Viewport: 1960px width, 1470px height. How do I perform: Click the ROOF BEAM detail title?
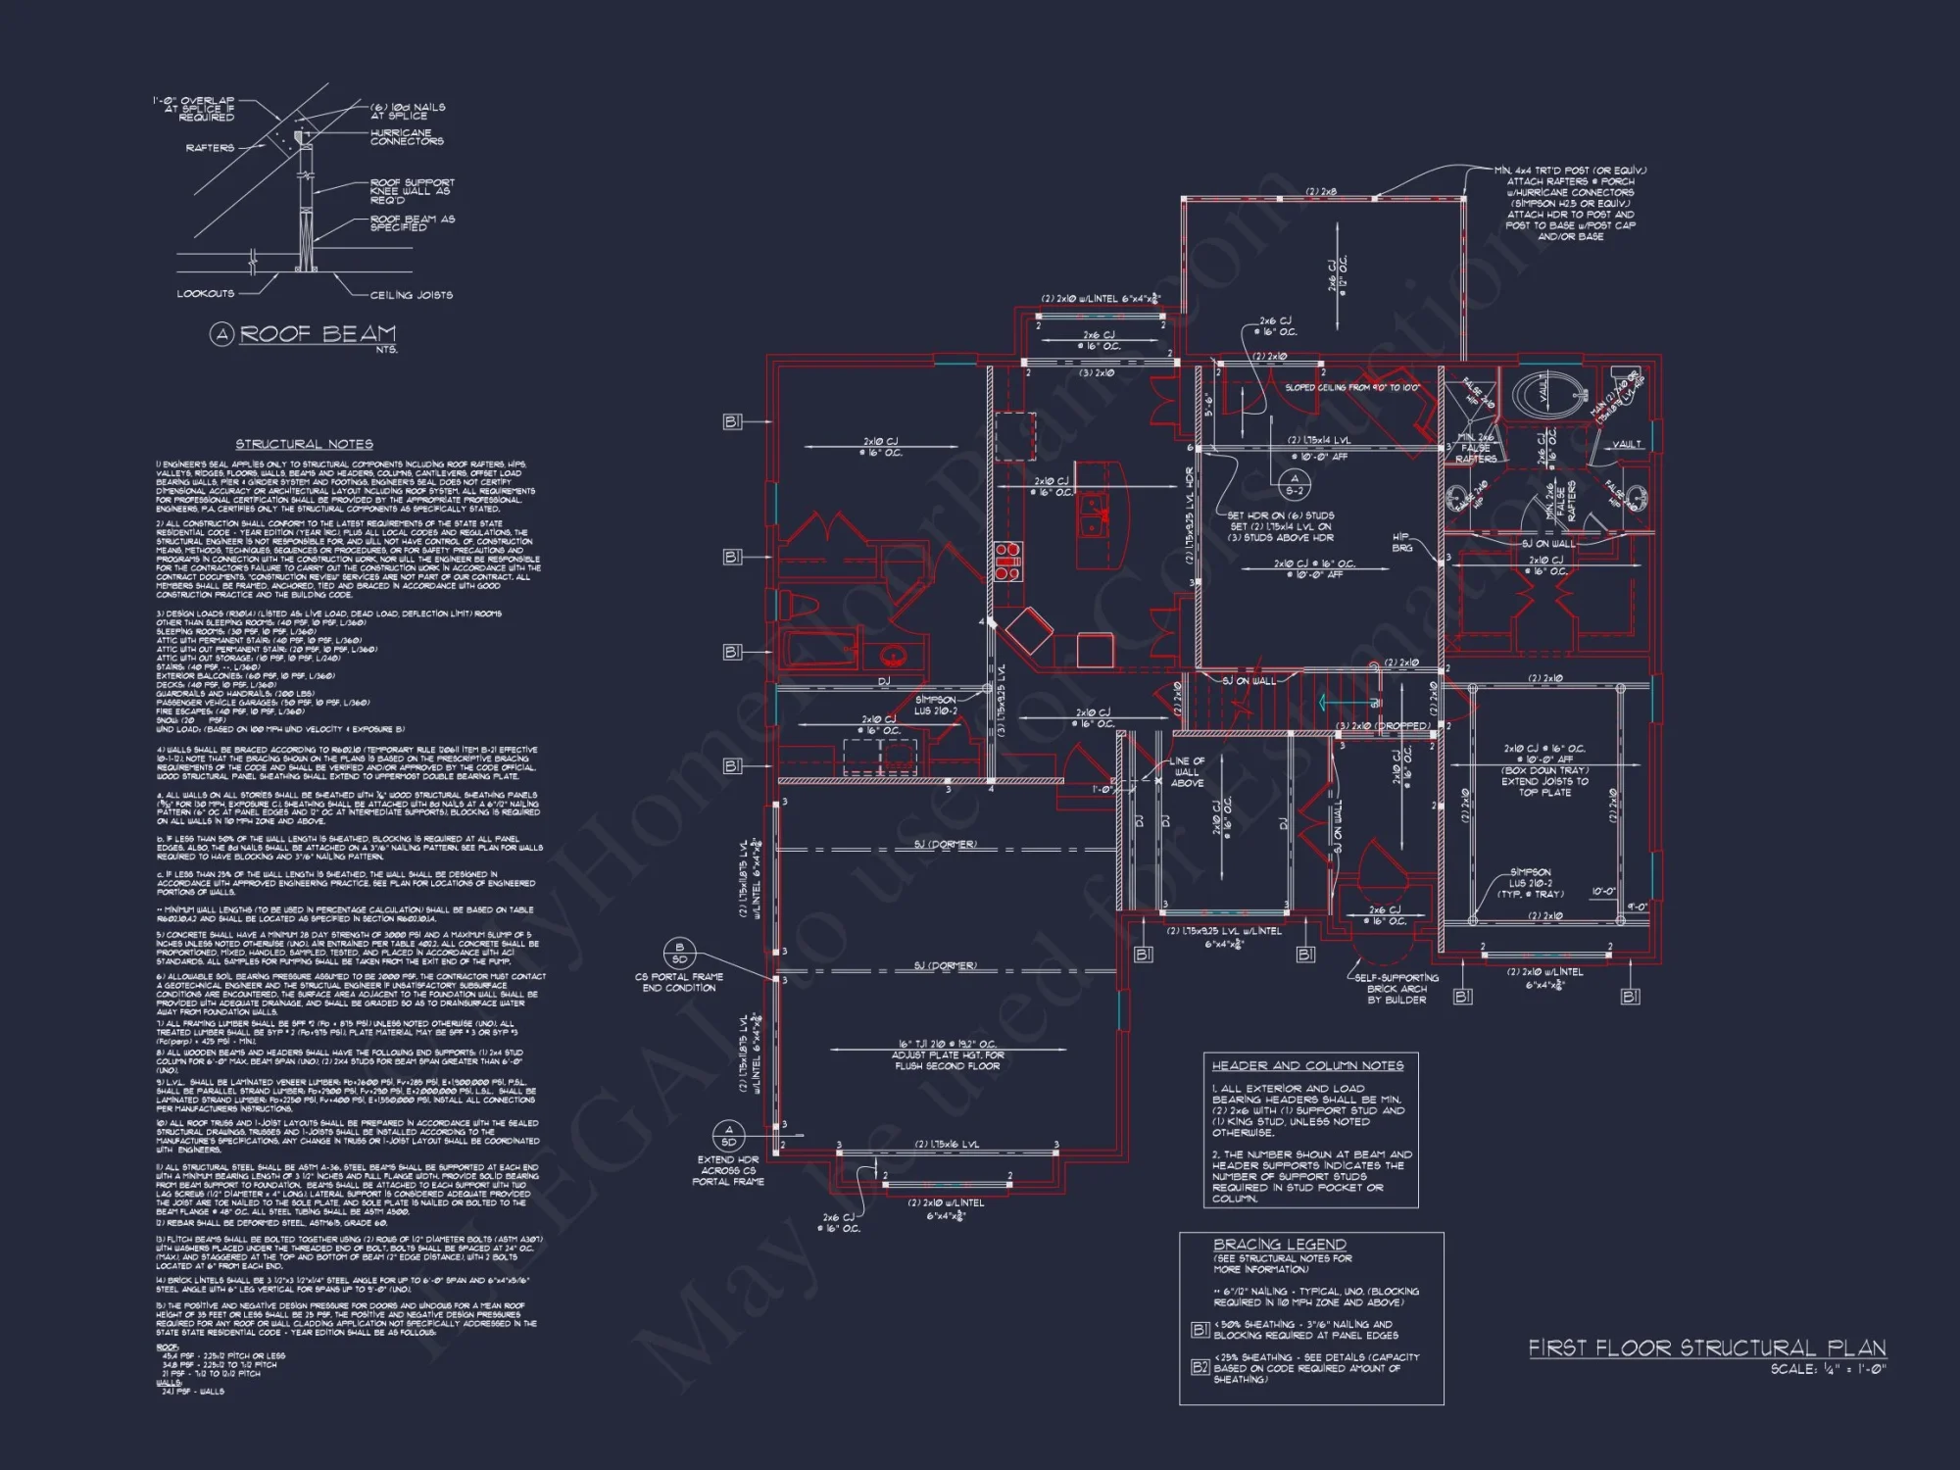[318, 334]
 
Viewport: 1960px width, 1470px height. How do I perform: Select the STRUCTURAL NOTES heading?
[304, 444]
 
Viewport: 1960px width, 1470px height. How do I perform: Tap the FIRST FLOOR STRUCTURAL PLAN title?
[1707, 1348]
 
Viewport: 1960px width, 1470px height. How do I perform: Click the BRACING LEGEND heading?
[1280, 1244]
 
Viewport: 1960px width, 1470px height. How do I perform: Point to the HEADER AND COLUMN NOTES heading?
[1307, 1065]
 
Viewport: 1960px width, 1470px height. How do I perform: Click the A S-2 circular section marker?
[1295, 484]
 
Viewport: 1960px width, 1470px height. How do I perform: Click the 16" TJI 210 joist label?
[947, 1045]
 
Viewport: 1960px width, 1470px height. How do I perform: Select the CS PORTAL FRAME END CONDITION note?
[679, 982]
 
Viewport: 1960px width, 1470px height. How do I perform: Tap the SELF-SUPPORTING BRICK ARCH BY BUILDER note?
[1396, 989]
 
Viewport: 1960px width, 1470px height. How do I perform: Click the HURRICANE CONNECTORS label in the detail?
[407, 137]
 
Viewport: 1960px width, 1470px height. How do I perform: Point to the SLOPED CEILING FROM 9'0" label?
[1351, 388]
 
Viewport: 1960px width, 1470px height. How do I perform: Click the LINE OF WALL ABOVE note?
[1187, 772]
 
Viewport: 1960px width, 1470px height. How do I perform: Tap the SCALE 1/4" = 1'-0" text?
[1828, 1370]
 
